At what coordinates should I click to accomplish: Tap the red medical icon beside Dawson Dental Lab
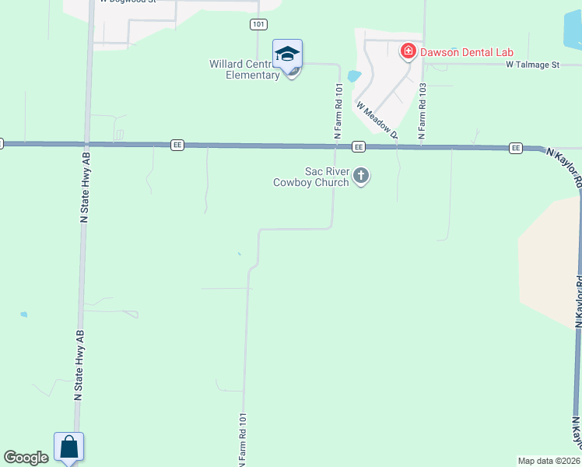pyautogui.click(x=407, y=52)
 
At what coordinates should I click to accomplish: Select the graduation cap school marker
pyautogui.click(x=287, y=54)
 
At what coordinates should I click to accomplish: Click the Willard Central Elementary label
pyautogui.click(x=244, y=69)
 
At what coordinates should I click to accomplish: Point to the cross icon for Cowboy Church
pyautogui.click(x=360, y=176)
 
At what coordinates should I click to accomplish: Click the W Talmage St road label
pyautogui.click(x=532, y=65)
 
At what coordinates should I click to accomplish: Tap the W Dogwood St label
pyautogui.click(x=129, y=2)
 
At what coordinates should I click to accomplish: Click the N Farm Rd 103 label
pyautogui.click(x=422, y=111)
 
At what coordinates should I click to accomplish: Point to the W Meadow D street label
pyautogui.click(x=377, y=119)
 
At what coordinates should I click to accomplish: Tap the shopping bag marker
pyautogui.click(x=68, y=447)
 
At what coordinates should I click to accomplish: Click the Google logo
pyautogui.click(x=26, y=458)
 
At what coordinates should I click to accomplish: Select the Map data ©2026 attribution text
pyautogui.click(x=549, y=461)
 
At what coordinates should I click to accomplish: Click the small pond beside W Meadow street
pyautogui.click(x=354, y=76)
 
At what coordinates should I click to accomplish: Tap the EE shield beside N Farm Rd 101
pyautogui.click(x=358, y=146)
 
